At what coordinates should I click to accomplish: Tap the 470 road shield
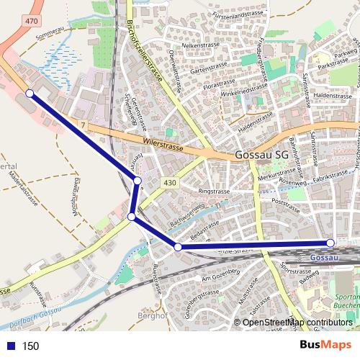pyautogui.click(x=31, y=22)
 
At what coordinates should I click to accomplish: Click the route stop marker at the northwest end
pyautogui.click(x=30, y=94)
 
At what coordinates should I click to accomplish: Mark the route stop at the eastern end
pyautogui.click(x=330, y=243)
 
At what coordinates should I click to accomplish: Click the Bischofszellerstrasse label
pyautogui.click(x=144, y=50)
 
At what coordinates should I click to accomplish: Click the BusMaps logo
pyautogui.click(x=325, y=346)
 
